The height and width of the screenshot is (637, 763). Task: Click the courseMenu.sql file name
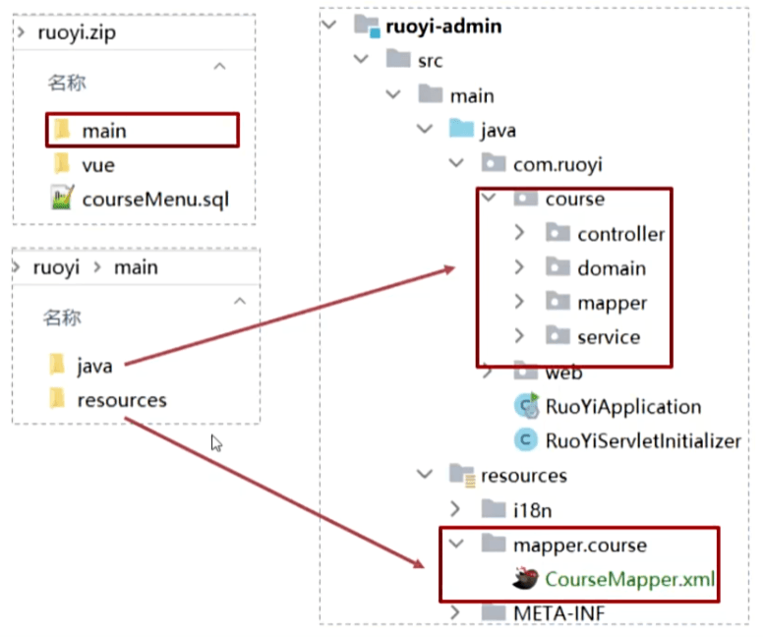[x=155, y=200]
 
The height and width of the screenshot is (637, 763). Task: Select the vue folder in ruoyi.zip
[x=98, y=165]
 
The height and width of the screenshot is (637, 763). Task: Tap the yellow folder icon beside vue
[x=61, y=163]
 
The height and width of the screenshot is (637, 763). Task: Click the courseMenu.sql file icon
[x=62, y=198]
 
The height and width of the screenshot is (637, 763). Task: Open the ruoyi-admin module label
[x=443, y=27]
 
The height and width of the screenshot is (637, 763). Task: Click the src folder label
[x=430, y=61]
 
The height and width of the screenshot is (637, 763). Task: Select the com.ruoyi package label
[x=558, y=165]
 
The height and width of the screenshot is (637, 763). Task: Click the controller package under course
[x=620, y=235]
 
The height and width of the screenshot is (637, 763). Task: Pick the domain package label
[x=612, y=268]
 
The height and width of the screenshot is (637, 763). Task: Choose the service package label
[x=609, y=337]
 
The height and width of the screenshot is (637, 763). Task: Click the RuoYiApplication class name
[x=623, y=407]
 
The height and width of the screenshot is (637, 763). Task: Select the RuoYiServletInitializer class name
[x=643, y=441]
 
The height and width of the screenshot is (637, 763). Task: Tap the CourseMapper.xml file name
[x=629, y=579]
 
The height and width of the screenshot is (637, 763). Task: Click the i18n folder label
[x=532, y=510]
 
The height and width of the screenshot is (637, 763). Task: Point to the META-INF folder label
[x=559, y=613]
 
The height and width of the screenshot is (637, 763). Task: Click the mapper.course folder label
[x=580, y=546]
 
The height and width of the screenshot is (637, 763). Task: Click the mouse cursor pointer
[x=216, y=443]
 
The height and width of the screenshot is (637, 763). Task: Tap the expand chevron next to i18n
[x=455, y=509]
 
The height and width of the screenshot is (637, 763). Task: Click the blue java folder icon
[x=461, y=129]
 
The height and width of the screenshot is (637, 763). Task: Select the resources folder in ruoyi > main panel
[x=122, y=400]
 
